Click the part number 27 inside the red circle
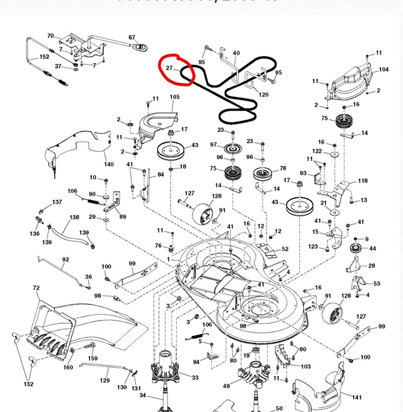click(x=169, y=68)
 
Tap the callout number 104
click(x=384, y=69)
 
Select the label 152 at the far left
click(x=44, y=57)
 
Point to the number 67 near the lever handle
click(x=132, y=37)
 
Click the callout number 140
click(x=109, y=164)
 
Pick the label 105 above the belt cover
click(x=174, y=97)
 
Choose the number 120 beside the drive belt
click(x=263, y=95)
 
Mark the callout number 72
click(x=36, y=288)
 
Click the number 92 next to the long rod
click(x=65, y=259)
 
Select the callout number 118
click(x=363, y=181)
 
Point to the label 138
click(x=74, y=218)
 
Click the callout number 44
click(x=372, y=248)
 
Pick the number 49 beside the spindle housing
click(x=226, y=386)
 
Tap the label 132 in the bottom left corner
click(x=28, y=384)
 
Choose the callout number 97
click(x=213, y=145)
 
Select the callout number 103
click(x=306, y=366)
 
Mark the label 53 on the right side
click(x=377, y=283)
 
